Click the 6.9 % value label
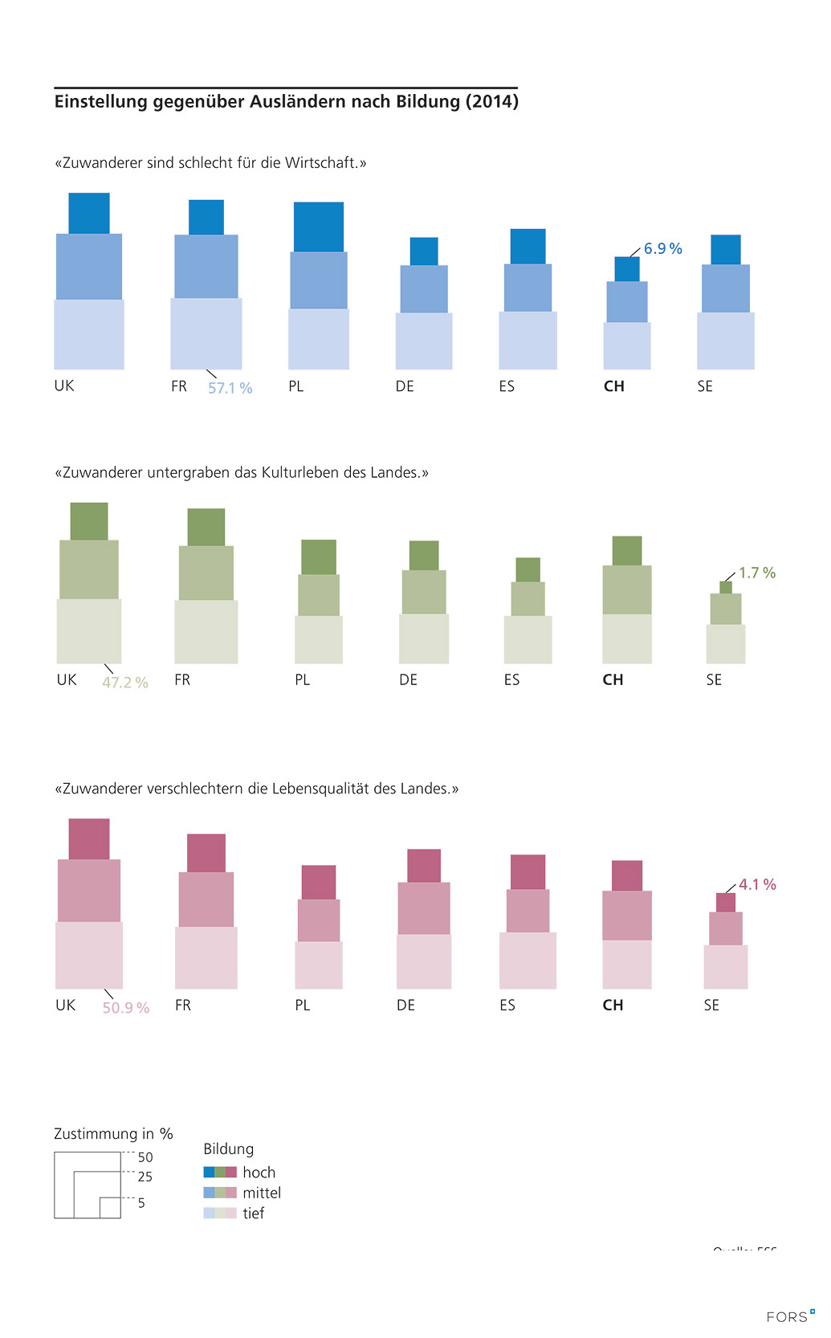pos(662,249)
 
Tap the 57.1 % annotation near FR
pos(230,388)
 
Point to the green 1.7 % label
pos(757,573)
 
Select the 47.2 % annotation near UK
pos(125,683)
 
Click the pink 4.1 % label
pos(757,884)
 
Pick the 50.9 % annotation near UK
pos(126,1008)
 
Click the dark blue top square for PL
pos(319,226)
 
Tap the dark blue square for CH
pos(627,269)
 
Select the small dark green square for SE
pos(726,587)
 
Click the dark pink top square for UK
pos(89,838)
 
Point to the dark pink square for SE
pos(726,903)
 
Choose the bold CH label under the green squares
pos(613,679)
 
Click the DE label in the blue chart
pos(405,386)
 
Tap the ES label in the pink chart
pos(507,1006)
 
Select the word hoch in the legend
pos(259,1173)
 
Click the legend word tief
pos(254,1214)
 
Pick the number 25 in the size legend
pos(145,1177)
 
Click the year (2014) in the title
pos(491,102)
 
